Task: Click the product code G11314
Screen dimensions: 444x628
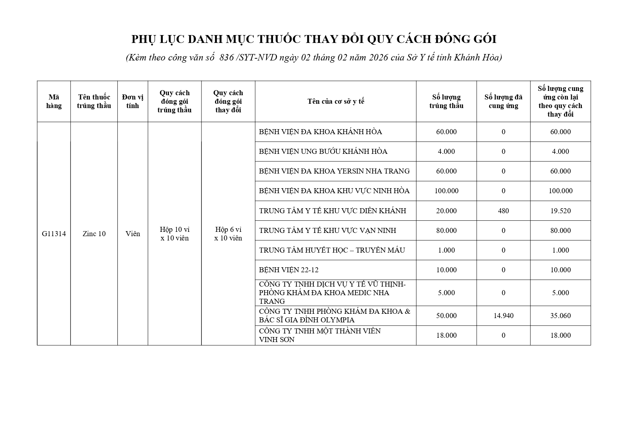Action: (54, 234)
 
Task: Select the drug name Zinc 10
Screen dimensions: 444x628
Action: (94, 234)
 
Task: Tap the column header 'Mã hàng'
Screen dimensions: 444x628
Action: (54, 101)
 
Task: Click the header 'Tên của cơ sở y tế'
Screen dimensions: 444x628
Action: (336, 101)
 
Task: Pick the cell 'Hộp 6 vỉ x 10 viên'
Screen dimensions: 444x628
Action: (228, 234)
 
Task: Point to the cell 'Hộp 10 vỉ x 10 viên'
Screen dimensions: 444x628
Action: (175, 234)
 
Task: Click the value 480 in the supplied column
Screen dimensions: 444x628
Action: (503, 211)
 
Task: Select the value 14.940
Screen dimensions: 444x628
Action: (503, 316)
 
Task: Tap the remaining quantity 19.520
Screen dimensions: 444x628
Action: (560, 211)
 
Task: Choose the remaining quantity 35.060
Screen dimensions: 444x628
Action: (560, 316)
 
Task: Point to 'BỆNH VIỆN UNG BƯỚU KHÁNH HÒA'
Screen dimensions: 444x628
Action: (323, 151)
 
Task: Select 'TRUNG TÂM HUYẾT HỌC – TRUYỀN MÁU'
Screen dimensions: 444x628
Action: (332, 250)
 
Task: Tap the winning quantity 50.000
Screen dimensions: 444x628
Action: (446, 316)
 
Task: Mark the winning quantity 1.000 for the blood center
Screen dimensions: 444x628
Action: (446, 250)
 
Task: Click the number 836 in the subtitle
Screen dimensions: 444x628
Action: (227, 57)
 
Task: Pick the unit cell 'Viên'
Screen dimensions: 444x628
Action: (132, 234)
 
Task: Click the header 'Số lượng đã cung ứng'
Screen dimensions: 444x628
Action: (503, 101)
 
